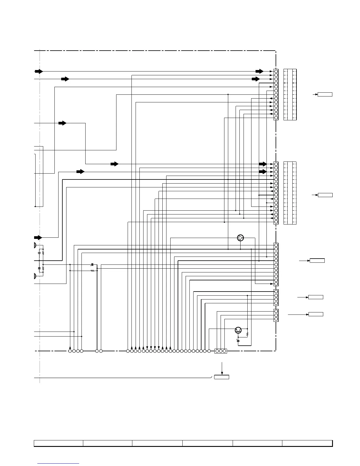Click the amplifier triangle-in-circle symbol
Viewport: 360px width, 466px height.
(241, 238)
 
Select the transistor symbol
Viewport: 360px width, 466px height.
(239, 330)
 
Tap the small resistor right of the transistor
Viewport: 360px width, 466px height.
(247, 334)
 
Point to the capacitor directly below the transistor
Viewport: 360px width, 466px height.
(238, 340)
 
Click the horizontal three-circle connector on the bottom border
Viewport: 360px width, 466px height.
(221, 351)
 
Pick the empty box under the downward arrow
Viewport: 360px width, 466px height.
(221, 377)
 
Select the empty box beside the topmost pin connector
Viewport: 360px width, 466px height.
(325, 94)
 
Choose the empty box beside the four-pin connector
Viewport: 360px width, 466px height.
(316, 297)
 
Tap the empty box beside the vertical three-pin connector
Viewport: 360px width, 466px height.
(316, 314)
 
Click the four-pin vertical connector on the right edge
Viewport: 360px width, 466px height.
(276, 297)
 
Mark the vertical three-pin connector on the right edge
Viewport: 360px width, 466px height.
(276, 315)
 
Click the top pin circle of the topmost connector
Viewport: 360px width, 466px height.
(276, 71)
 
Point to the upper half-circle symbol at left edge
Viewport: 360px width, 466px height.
(35, 245)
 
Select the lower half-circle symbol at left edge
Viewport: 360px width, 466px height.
(35, 276)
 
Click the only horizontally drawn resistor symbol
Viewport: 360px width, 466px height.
(92, 270)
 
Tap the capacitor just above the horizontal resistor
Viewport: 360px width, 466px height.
(92, 265)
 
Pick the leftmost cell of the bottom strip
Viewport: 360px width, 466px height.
(58, 443)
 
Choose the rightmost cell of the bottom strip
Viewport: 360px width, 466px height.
(307, 443)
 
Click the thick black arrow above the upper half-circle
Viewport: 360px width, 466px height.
(38, 237)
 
